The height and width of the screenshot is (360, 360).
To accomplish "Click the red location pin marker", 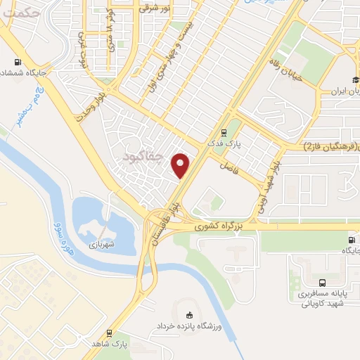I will tap(181, 165).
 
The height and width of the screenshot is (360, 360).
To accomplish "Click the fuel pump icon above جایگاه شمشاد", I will tap(17, 60).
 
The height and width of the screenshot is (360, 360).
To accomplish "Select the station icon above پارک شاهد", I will tap(109, 333).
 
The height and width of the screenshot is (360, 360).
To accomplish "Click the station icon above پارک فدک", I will tap(224, 132).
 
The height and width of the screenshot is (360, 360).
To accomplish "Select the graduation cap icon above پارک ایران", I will tap(356, 79).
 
